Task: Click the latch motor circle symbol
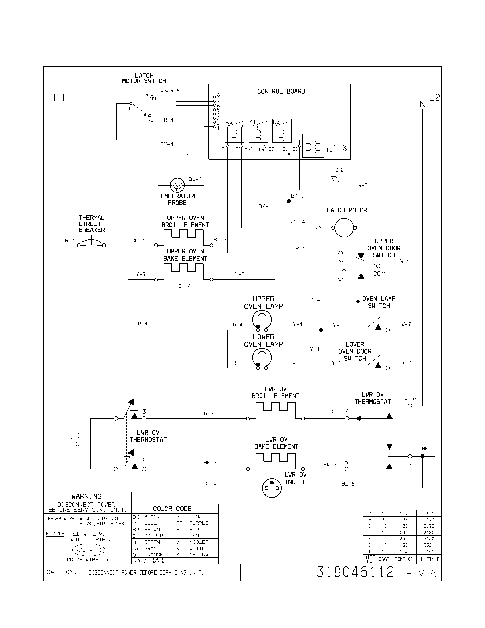344,228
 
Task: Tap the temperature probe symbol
177,185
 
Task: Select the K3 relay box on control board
235,131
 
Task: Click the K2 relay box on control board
282,131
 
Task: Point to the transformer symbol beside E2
313,146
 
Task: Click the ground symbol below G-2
335,179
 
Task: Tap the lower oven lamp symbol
262,358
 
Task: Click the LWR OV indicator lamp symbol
272,488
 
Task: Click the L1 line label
59,98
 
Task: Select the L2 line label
434,98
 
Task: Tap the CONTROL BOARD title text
281,91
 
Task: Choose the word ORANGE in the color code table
153,555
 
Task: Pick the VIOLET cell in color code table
199,542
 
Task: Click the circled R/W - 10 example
88,550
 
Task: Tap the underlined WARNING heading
86,496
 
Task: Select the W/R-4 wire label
297,222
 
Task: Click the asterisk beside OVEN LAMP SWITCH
358,302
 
